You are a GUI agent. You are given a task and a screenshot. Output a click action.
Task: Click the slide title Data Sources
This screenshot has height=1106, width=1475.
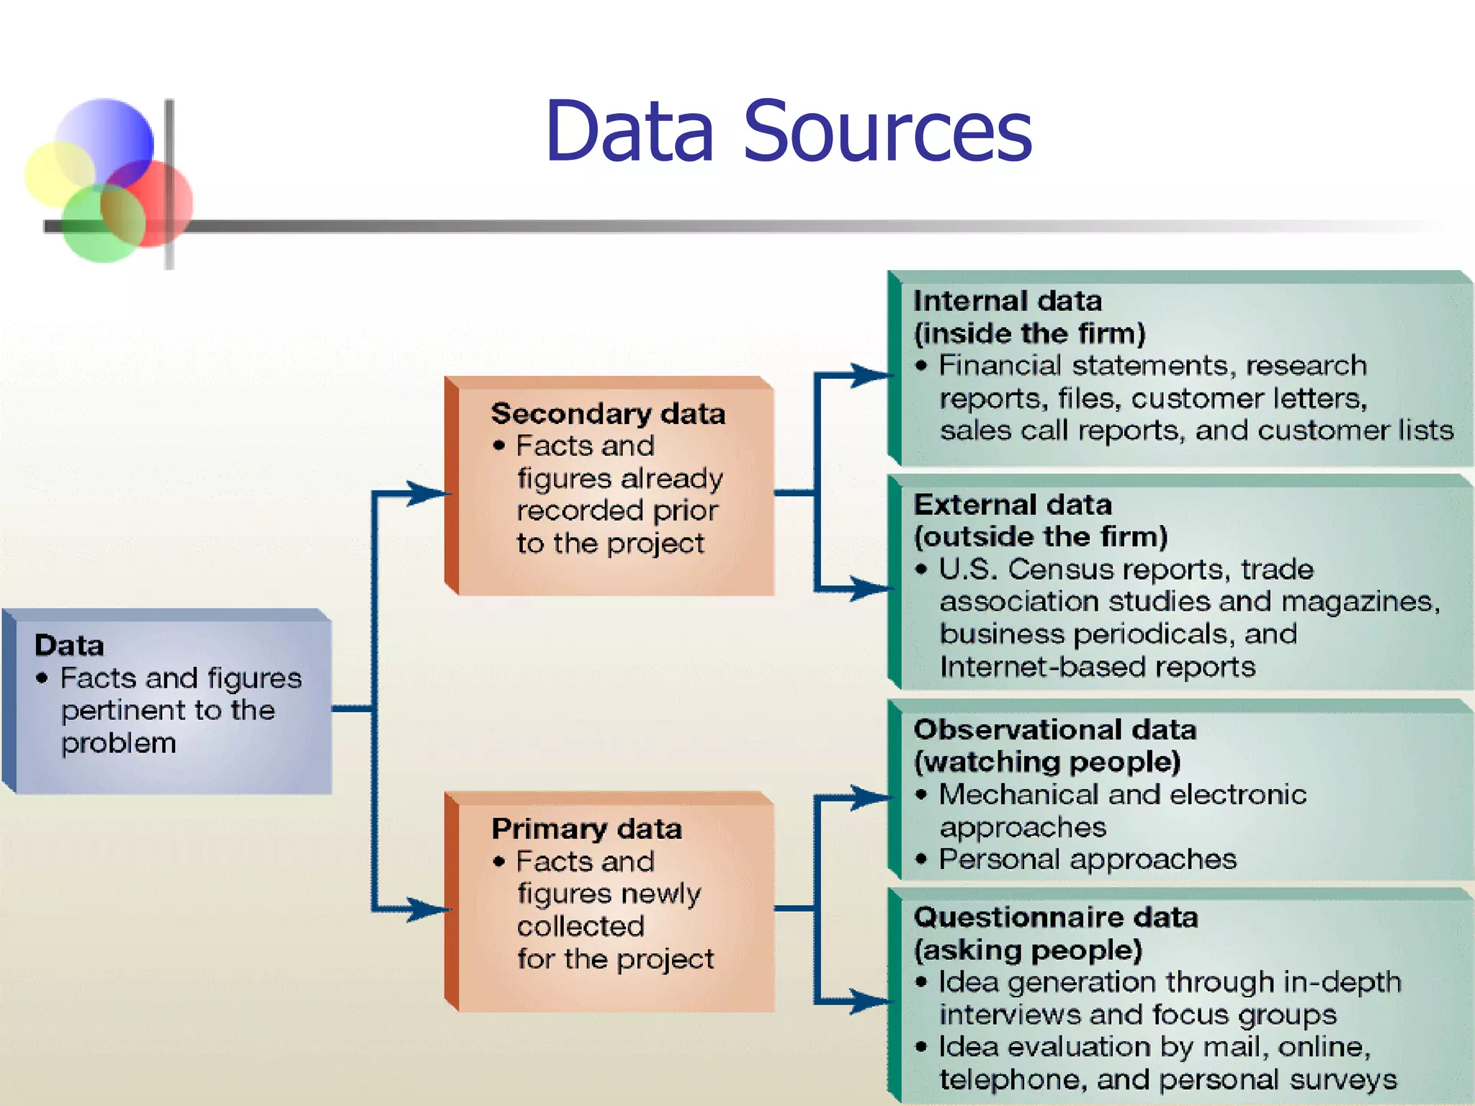coord(788,131)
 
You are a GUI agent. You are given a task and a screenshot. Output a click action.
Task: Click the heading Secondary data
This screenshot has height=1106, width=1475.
coord(607,414)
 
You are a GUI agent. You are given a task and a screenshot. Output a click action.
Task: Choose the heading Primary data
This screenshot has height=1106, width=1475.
coord(586,829)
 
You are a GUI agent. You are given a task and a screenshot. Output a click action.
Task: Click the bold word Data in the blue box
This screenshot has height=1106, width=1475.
coord(69,645)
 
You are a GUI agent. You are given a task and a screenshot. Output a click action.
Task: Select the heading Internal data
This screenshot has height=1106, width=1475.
coord(1007,301)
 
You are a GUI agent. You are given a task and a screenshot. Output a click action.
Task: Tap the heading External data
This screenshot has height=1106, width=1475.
coord(1012,505)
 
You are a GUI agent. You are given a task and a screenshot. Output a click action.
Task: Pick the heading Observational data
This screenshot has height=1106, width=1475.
coord(1054,730)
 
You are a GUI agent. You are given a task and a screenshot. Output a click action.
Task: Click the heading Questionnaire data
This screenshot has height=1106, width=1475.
coord(1055,917)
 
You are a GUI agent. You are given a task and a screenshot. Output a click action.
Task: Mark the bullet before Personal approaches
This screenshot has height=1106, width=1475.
coord(921,859)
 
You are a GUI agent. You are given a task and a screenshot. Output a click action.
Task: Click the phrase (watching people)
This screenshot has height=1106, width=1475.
coord(1046,762)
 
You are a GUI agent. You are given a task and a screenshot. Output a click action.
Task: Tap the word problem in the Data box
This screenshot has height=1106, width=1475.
coord(119,744)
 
